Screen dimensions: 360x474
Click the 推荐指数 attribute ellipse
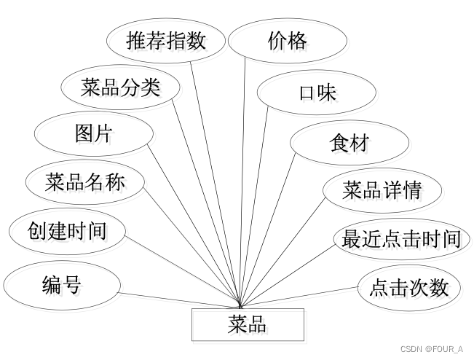click(166, 41)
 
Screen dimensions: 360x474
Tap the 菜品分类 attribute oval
click(120, 88)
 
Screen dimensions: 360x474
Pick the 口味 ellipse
click(317, 93)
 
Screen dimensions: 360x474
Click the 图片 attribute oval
click(94, 134)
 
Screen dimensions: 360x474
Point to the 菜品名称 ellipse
click(84, 181)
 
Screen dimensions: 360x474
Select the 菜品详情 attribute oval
click(382, 190)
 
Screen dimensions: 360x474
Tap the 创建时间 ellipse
click(67, 231)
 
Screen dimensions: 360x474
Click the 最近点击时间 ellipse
click(401, 239)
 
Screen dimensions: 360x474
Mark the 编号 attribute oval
click(61, 285)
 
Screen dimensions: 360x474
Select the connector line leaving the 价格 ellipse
click(243, 182)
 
